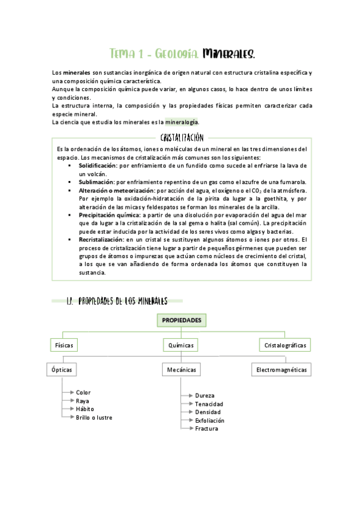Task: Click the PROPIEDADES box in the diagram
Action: (181, 320)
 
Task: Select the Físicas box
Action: (64, 345)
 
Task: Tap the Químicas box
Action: (181, 345)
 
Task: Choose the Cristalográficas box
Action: (285, 345)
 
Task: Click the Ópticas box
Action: (61, 369)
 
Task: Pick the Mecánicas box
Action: (180, 369)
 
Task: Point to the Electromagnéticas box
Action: (281, 369)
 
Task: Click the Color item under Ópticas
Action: (83, 392)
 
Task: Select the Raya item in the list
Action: (82, 401)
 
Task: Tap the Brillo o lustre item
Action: (94, 417)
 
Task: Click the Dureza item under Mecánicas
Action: (205, 395)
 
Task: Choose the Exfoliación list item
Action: (210, 420)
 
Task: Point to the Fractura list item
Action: (207, 429)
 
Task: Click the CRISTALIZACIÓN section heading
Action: (182, 138)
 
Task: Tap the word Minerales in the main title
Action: (232, 55)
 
